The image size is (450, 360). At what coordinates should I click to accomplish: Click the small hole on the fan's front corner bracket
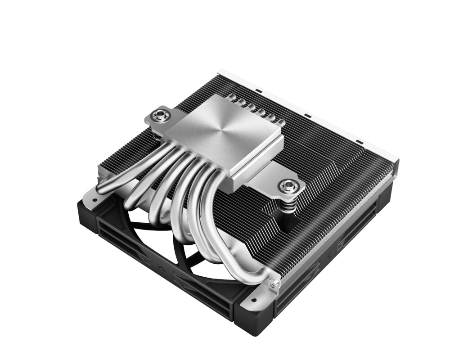tap(253, 299)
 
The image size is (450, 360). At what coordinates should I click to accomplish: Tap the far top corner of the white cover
tap(219, 71)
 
